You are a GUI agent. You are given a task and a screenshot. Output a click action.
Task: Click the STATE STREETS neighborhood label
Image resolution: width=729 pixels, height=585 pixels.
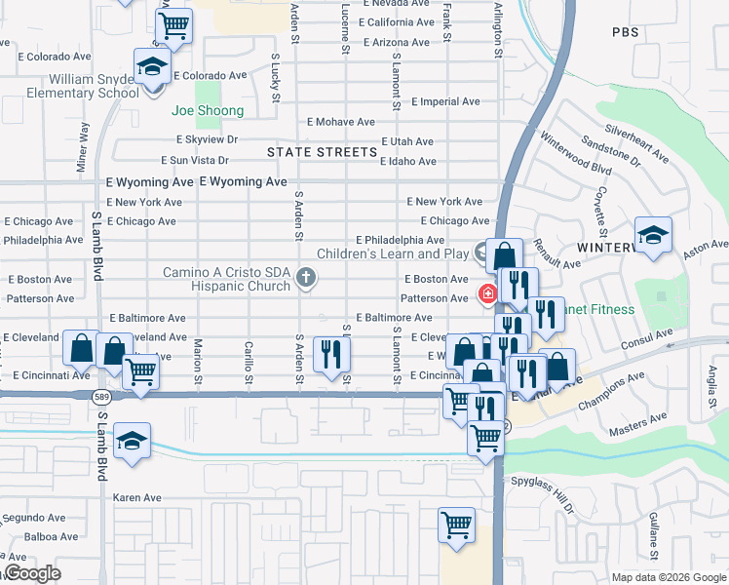[322, 152]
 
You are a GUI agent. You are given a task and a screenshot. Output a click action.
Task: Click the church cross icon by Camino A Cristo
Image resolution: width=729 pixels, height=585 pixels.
[306, 279]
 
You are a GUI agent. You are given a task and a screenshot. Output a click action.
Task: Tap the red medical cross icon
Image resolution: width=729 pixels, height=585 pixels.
[485, 292]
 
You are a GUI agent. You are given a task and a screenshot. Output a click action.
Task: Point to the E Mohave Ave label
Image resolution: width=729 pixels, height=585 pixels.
[341, 122]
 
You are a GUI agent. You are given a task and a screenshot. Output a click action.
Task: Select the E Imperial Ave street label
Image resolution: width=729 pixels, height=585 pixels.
[445, 101]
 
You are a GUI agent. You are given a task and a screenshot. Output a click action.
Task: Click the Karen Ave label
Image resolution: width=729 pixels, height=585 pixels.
[136, 497]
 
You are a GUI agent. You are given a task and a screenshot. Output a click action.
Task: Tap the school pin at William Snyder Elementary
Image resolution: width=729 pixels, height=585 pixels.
[150, 67]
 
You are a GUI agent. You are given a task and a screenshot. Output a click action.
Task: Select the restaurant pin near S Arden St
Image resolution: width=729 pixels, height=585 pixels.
[331, 353]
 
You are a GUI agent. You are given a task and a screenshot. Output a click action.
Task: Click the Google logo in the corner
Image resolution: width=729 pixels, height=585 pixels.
[31, 573]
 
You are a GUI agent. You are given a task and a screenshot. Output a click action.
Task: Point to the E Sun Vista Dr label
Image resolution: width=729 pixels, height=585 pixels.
[195, 161]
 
